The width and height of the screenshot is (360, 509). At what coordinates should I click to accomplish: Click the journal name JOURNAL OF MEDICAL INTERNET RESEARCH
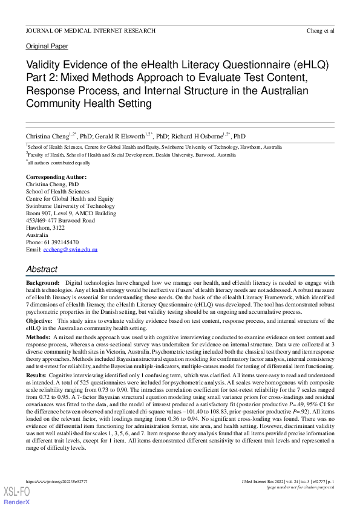pyautogui.click(x=90, y=30)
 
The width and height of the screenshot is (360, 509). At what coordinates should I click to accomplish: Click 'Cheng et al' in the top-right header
pyautogui.click(x=320, y=30)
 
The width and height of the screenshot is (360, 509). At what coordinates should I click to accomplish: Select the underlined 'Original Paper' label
pyautogui.click(x=47, y=47)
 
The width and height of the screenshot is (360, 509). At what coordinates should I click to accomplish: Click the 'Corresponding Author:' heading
pyautogui.click(x=56, y=177)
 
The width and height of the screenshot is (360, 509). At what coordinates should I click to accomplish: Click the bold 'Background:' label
pyautogui.click(x=42, y=283)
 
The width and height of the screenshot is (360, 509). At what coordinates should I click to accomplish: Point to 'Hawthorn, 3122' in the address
pyautogui.click(x=45, y=227)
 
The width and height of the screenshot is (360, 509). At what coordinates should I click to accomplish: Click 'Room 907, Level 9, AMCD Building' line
pyautogui.click(x=71, y=213)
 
